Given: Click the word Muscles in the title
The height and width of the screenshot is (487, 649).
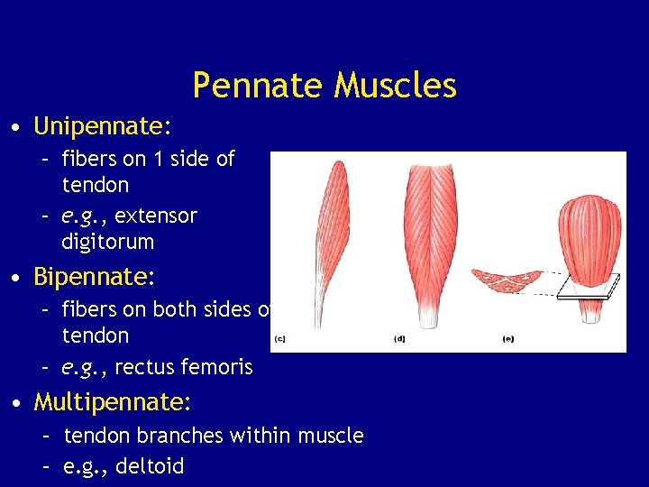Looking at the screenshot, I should (395, 87).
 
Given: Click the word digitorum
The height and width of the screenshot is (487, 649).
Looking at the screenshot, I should (107, 242).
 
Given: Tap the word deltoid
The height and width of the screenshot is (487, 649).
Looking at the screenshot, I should (151, 466).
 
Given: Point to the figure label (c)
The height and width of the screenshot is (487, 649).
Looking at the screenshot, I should (279, 339).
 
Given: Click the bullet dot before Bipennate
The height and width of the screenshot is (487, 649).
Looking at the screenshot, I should (19, 276).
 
